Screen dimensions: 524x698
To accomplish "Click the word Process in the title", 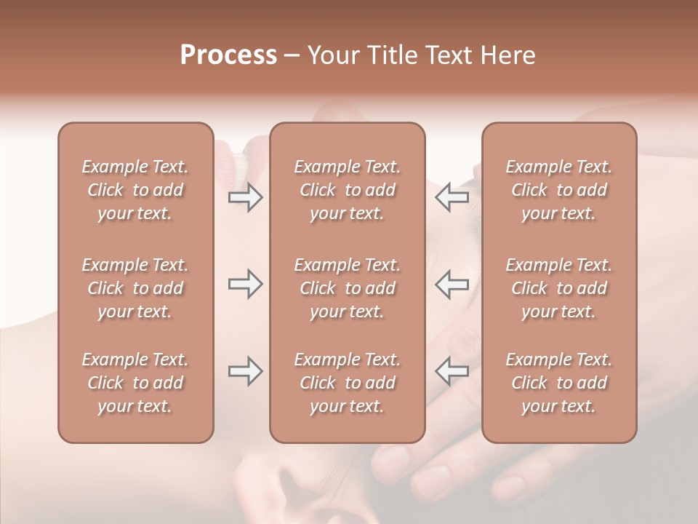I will pos(228,55).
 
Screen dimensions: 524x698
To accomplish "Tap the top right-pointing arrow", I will pos(245,197).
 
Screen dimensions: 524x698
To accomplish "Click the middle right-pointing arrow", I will pos(245,285).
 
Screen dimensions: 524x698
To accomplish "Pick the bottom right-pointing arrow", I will pos(245,371).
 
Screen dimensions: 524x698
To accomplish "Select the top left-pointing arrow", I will pos(452,197).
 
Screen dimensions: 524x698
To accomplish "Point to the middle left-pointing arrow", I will pos(452,285).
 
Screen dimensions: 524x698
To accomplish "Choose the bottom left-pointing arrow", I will pos(452,371).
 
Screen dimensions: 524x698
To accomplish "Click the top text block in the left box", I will pos(135,190).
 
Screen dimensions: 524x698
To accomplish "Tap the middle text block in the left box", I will pos(135,288).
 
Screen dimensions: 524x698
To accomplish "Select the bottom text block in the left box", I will pos(135,383).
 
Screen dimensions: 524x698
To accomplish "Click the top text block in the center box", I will pos(347,190).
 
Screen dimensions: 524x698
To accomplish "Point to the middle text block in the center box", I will pos(347,288).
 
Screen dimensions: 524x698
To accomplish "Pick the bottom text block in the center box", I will pos(347,383).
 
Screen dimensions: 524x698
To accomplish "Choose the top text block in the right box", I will pos(558,190).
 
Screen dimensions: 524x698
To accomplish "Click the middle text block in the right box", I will pos(558,288).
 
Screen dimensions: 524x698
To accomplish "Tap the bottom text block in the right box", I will pos(558,383).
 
